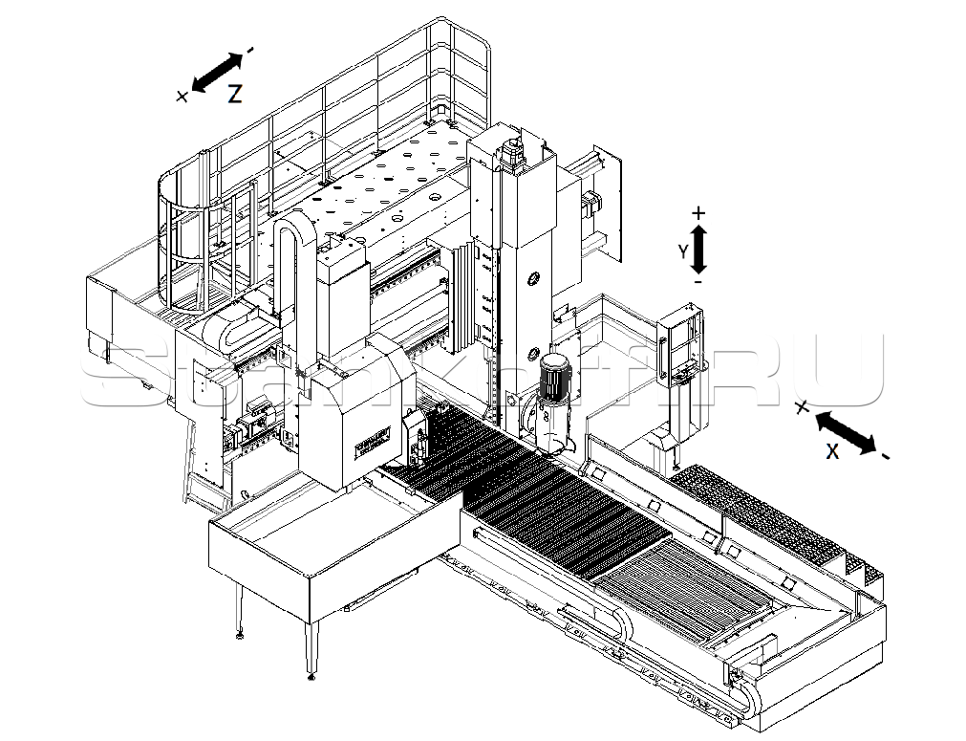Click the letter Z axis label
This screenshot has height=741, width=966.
[x=234, y=94]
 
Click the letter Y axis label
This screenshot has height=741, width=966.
[x=682, y=251]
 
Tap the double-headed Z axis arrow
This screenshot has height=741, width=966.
[x=219, y=72]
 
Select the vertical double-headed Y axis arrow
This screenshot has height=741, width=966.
[x=698, y=250]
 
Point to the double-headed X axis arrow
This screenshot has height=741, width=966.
[x=846, y=432]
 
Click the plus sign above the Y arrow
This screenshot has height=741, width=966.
[x=698, y=212]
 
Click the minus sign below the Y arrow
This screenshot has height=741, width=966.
[x=698, y=283]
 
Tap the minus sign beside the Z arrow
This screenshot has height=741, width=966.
[x=250, y=49]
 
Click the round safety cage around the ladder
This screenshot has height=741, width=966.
[x=196, y=239]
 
